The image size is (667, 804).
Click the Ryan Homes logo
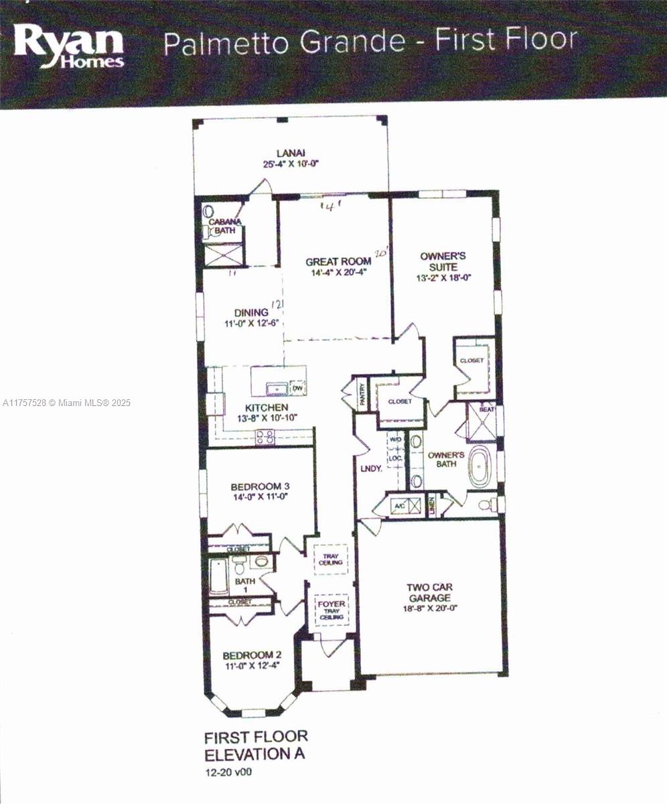[69, 46]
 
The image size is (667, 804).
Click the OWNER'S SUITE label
[442, 261]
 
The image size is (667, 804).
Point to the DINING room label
[250, 312]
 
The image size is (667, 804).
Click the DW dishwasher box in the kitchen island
[298, 387]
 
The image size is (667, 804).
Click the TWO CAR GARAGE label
[429, 593]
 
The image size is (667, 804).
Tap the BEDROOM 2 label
[252, 655]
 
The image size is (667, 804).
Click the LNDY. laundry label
[370, 469]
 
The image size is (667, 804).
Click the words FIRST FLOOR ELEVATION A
[255, 745]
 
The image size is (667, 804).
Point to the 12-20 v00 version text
[229, 772]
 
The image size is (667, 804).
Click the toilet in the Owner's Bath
[488, 505]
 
